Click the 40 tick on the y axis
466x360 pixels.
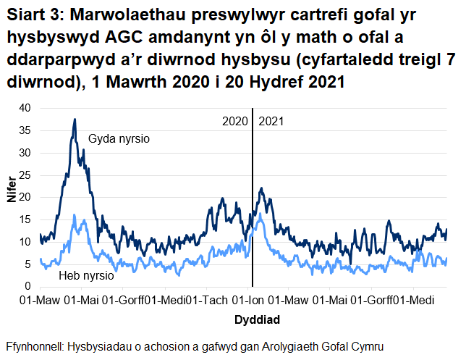[x=27, y=108]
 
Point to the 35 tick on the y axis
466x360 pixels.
[x=27, y=130]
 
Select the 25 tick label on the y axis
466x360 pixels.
[x=27, y=175]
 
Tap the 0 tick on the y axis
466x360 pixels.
[x=30, y=288]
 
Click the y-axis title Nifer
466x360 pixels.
[x=12, y=197]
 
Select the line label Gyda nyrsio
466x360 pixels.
[x=119, y=138]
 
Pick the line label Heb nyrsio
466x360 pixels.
[x=86, y=276]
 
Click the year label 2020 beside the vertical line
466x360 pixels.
[x=234, y=120]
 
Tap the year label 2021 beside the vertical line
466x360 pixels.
[x=271, y=120]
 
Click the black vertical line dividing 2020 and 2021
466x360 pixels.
[x=253, y=203]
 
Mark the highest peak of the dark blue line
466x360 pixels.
[x=75, y=120]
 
